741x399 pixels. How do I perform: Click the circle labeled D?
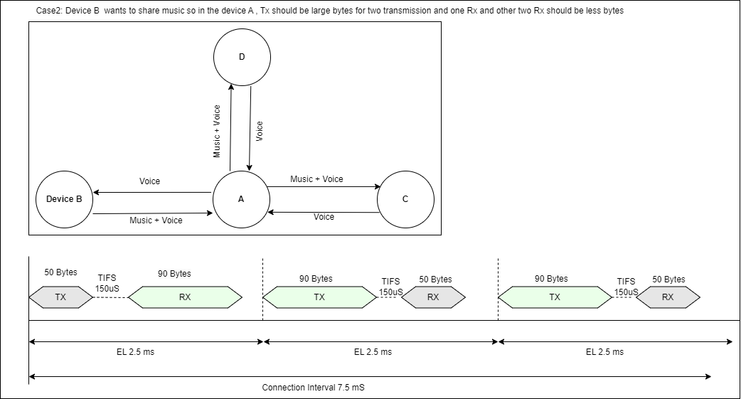pyautogui.click(x=242, y=58)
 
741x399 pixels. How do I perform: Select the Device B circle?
pyautogui.click(x=64, y=199)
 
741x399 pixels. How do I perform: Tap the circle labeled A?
pyautogui.click(x=241, y=199)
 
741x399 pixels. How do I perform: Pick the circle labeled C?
pyautogui.click(x=405, y=199)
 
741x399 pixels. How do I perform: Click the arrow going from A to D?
pyautogui.click(x=229, y=128)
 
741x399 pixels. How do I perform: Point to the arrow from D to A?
pyautogui.click(x=249, y=128)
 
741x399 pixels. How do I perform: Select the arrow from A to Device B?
pyautogui.click(x=153, y=193)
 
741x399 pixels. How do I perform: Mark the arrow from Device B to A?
pyautogui.click(x=153, y=212)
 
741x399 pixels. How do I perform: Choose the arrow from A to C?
pyautogui.click(x=324, y=187)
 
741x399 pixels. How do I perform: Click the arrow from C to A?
pyautogui.click(x=324, y=212)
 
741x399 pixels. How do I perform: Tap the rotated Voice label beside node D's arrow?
pyautogui.click(x=260, y=129)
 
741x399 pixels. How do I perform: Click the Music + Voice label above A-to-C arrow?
pyautogui.click(x=316, y=179)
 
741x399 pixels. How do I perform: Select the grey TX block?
pyautogui.click(x=60, y=297)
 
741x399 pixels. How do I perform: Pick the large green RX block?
pyautogui.click(x=184, y=297)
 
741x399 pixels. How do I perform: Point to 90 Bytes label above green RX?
pyautogui.click(x=174, y=274)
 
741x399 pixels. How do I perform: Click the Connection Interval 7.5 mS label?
pyautogui.click(x=313, y=388)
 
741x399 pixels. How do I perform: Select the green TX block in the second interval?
pyautogui.click(x=319, y=297)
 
